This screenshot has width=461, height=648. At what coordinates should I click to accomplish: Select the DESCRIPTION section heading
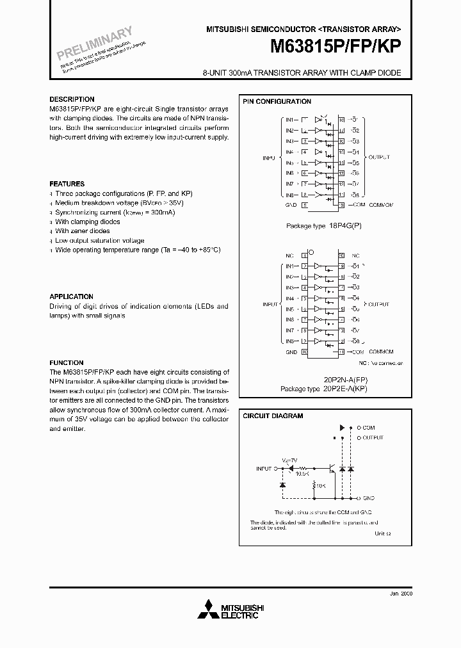(72, 100)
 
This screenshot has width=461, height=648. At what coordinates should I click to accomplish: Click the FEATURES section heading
(67, 184)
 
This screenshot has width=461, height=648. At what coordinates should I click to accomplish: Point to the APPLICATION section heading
(71, 296)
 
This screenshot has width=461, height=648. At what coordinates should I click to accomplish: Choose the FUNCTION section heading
(67, 362)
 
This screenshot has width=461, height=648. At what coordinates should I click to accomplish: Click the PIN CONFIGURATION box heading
(277, 102)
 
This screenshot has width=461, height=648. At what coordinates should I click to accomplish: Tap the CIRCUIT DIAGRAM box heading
(273, 416)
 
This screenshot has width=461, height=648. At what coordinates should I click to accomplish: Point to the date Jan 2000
(401, 594)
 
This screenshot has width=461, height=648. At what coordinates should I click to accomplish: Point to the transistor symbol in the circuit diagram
(330, 469)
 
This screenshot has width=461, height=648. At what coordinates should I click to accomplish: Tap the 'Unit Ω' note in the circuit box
(381, 533)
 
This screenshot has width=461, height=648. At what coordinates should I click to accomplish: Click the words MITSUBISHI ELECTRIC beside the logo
(239, 612)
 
